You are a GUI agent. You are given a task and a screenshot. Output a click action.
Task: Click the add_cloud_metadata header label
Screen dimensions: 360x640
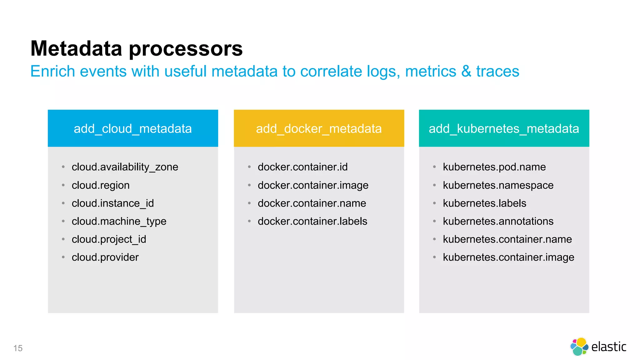(x=132, y=129)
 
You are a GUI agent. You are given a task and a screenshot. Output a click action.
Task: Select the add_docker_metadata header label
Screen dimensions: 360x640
(x=319, y=129)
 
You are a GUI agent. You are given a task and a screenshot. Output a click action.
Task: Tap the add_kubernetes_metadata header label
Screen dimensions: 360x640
(x=504, y=129)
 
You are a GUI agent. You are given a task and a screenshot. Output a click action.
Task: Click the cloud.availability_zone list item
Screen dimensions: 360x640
(x=125, y=167)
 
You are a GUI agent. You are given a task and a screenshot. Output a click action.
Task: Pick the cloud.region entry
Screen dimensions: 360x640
(x=100, y=185)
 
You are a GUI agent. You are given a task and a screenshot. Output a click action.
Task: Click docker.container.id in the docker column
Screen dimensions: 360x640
(x=302, y=167)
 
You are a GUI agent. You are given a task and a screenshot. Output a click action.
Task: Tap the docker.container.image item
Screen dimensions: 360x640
(x=313, y=185)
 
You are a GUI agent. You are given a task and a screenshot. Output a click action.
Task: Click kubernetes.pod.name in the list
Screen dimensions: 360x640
(x=494, y=167)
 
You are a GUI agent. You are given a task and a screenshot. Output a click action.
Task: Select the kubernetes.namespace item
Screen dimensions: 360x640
(x=498, y=185)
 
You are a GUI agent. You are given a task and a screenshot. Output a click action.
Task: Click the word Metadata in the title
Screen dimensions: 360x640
(x=76, y=49)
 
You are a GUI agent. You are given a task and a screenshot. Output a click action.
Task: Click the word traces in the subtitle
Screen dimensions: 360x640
(x=497, y=71)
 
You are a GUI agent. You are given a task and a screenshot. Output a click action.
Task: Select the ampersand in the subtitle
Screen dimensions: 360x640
(x=466, y=71)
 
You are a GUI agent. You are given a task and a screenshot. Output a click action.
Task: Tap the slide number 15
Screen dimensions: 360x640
(x=18, y=348)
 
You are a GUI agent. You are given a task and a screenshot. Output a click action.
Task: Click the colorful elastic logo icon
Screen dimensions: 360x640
(x=579, y=347)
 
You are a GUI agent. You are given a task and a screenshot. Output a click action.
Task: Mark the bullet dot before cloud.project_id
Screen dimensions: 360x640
(x=63, y=239)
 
